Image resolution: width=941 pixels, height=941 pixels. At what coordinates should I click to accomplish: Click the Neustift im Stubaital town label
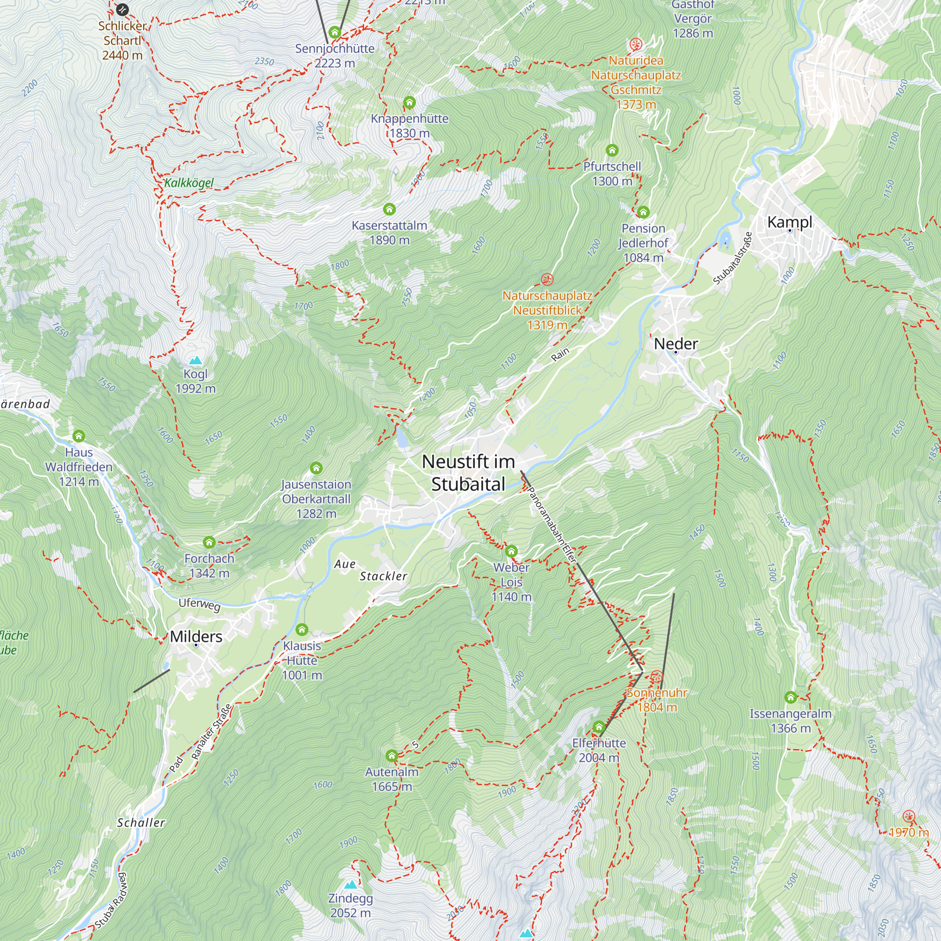tap(468, 472)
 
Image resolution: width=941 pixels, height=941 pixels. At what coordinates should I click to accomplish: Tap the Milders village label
tap(196, 637)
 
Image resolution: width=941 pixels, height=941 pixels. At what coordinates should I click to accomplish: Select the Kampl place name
tap(789, 222)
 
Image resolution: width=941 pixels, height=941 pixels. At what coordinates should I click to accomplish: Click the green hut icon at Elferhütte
tap(598, 727)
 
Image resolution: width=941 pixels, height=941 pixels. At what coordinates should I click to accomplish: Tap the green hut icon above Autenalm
tap(391, 756)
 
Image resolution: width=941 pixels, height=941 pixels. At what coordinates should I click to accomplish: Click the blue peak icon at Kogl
tap(195, 360)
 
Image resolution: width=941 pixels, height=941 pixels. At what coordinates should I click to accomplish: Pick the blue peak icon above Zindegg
tap(350, 885)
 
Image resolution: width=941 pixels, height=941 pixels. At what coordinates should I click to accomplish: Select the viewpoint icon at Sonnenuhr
tap(656, 677)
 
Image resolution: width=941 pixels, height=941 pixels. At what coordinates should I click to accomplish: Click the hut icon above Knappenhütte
tap(409, 103)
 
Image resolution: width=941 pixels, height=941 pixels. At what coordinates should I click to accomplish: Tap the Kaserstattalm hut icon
tap(389, 209)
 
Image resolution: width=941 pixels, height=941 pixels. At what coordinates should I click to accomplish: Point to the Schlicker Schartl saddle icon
tap(122, 9)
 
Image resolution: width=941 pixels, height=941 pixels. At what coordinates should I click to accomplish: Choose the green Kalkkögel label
tap(189, 183)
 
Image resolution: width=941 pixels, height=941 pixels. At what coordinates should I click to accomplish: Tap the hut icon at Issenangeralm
tap(790, 697)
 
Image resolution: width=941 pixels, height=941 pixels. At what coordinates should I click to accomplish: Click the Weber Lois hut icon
tap(511, 551)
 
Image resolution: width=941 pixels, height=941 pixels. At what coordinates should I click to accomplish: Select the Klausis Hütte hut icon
tap(302, 630)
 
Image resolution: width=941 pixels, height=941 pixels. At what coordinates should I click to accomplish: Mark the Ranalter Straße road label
tap(211, 732)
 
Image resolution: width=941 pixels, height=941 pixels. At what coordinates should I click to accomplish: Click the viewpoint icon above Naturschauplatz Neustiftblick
tap(547, 279)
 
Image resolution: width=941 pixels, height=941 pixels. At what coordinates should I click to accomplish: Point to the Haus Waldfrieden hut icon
tap(79, 436)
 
